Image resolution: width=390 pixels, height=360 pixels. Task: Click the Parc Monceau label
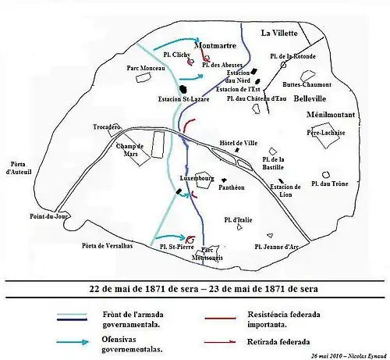145,69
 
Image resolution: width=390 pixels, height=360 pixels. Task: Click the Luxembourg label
197,178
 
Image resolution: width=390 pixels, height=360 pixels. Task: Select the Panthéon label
232,187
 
